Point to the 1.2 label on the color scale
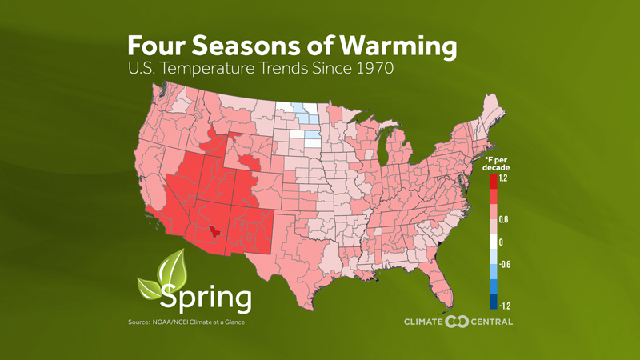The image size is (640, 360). tap(503, 179)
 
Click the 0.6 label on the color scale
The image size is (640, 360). tap(504, 219)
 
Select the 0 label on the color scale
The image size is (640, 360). tap(501, 242)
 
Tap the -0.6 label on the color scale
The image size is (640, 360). tap(505, 265)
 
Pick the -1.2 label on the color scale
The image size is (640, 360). tap(505, 305)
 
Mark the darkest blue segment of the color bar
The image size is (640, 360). tap(492, 302)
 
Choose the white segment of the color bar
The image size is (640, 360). tap(492, 242)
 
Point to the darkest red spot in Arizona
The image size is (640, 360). tap(213, 232)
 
